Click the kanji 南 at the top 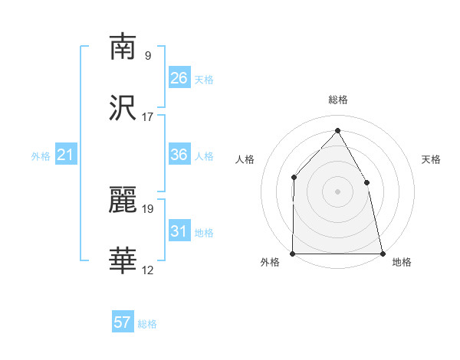[x=123, y=47]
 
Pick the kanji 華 [x=123, y=261]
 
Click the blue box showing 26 [x=179, y=78]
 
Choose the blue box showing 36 [x=179, y=155]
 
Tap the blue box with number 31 [x=179, y=231]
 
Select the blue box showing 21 [x=66, y=155]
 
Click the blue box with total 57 [x=123, y=322]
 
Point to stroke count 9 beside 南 [x=148, y=56]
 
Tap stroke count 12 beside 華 [x=148, y=270]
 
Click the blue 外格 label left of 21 [x=41, y=156]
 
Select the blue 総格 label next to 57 [x=148, y=324]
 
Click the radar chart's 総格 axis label [x=337, y=100]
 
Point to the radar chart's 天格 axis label [x=432, y=159]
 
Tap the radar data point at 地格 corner [x=383, y=254]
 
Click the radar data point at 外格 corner [x=293, y=254]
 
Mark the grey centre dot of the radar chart [x=337, y=191]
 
